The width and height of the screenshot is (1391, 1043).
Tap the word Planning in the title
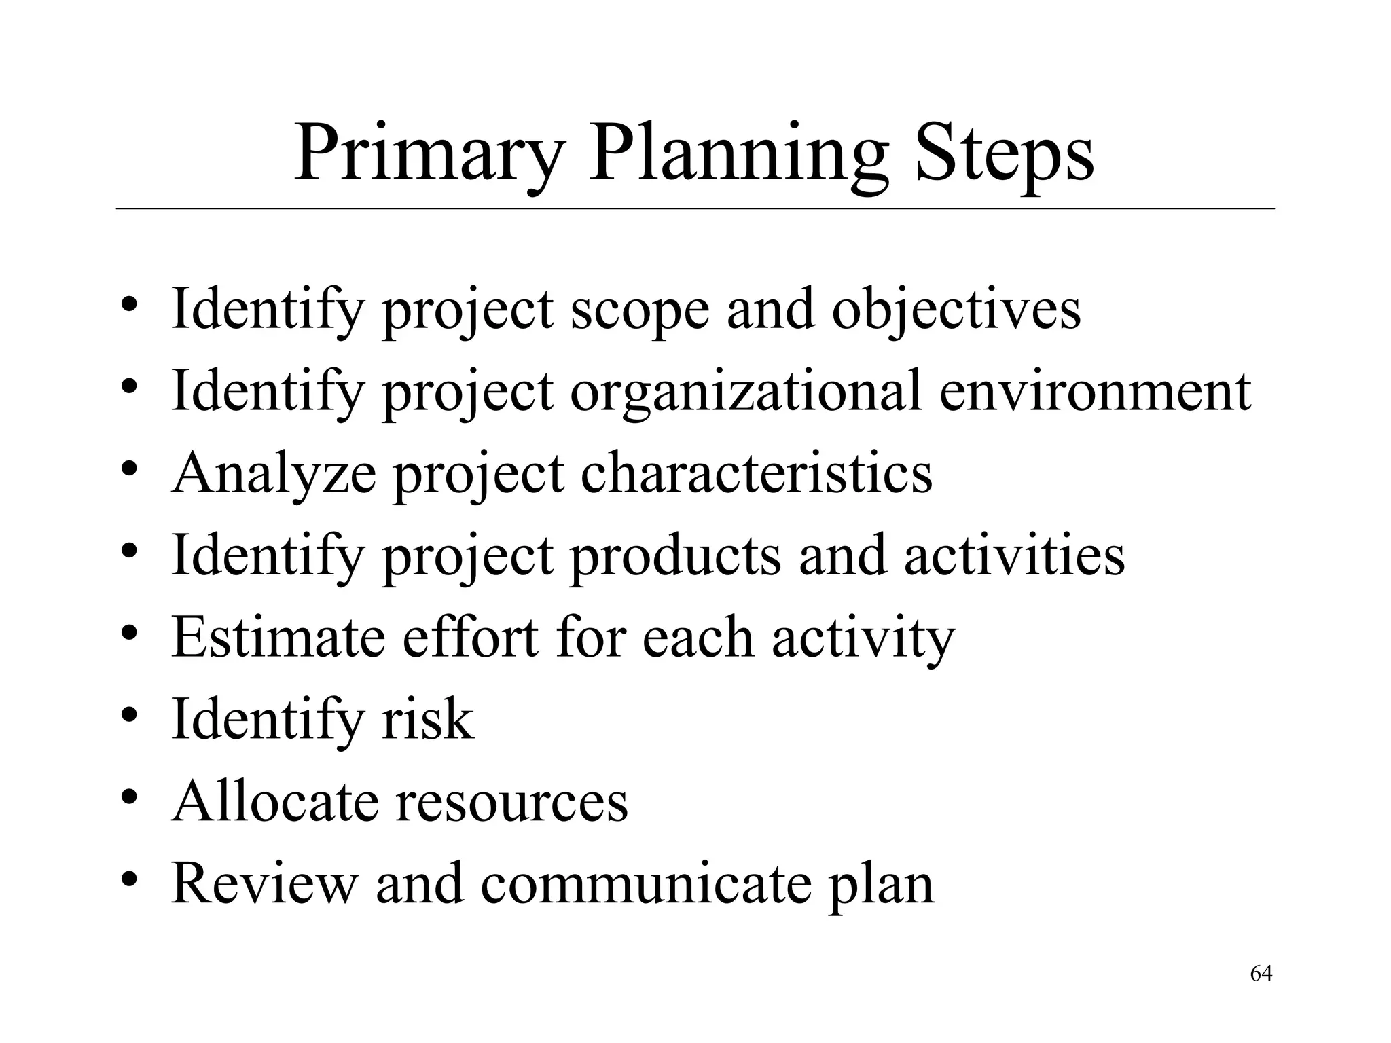pyautogui.click(x=738, y=155)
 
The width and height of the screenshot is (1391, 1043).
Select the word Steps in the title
pyautogui.click(x=1005, y=155)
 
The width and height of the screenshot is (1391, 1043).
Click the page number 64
pyautogui.click(x=1261, y=974)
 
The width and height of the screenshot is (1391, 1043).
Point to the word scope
pyautogui.click(x=639, y=311)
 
